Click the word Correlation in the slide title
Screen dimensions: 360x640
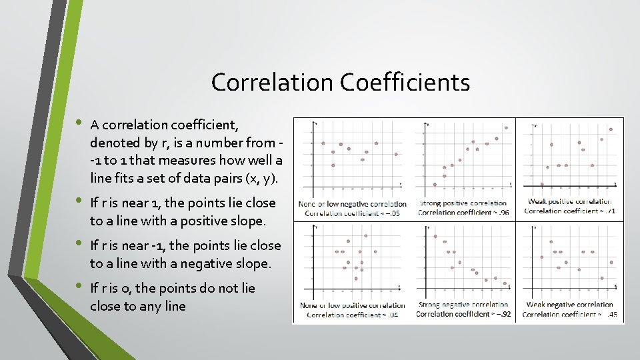click(272, 83)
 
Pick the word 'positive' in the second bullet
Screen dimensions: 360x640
click(211, 220)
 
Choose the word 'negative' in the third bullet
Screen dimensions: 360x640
click(215, 263)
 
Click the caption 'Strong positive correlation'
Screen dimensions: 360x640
click(463, 203)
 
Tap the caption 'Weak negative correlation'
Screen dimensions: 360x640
click(570, 305)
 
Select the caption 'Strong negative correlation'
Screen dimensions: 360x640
click(463, 305)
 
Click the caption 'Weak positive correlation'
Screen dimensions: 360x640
click(570, 202)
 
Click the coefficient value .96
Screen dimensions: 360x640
click(502, 213)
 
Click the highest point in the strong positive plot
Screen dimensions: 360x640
click(506, 127)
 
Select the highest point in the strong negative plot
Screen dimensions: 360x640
click(435, 236)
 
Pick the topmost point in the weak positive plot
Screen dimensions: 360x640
click(611, 129)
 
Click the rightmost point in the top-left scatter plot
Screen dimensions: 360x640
click(396, 154)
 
